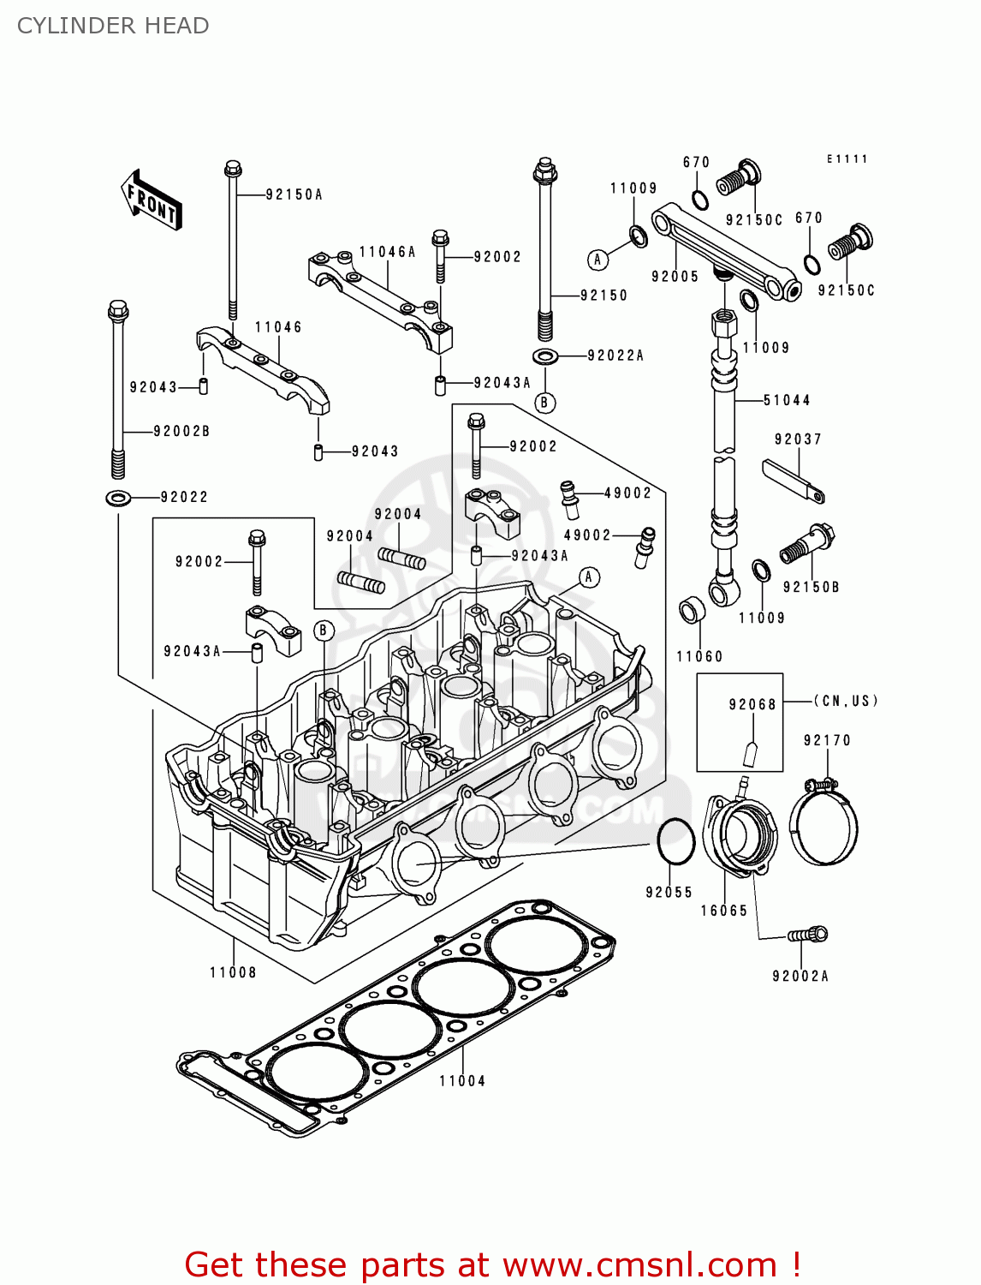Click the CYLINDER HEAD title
[113, 26]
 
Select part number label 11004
[462, 1081]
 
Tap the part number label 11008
[233, 972]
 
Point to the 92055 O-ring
[675, 843]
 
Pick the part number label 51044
[787, 400]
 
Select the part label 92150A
[294, 195]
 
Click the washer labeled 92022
[118, 497]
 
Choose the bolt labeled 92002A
[808, 935]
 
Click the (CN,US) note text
[845, 701]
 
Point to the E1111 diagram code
[847, 159]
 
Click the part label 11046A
[387, 252]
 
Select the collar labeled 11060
[692, 612]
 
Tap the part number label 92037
[798, 439]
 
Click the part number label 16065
[724, 911]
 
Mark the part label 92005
[675, 277]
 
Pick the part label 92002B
[181, 431]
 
